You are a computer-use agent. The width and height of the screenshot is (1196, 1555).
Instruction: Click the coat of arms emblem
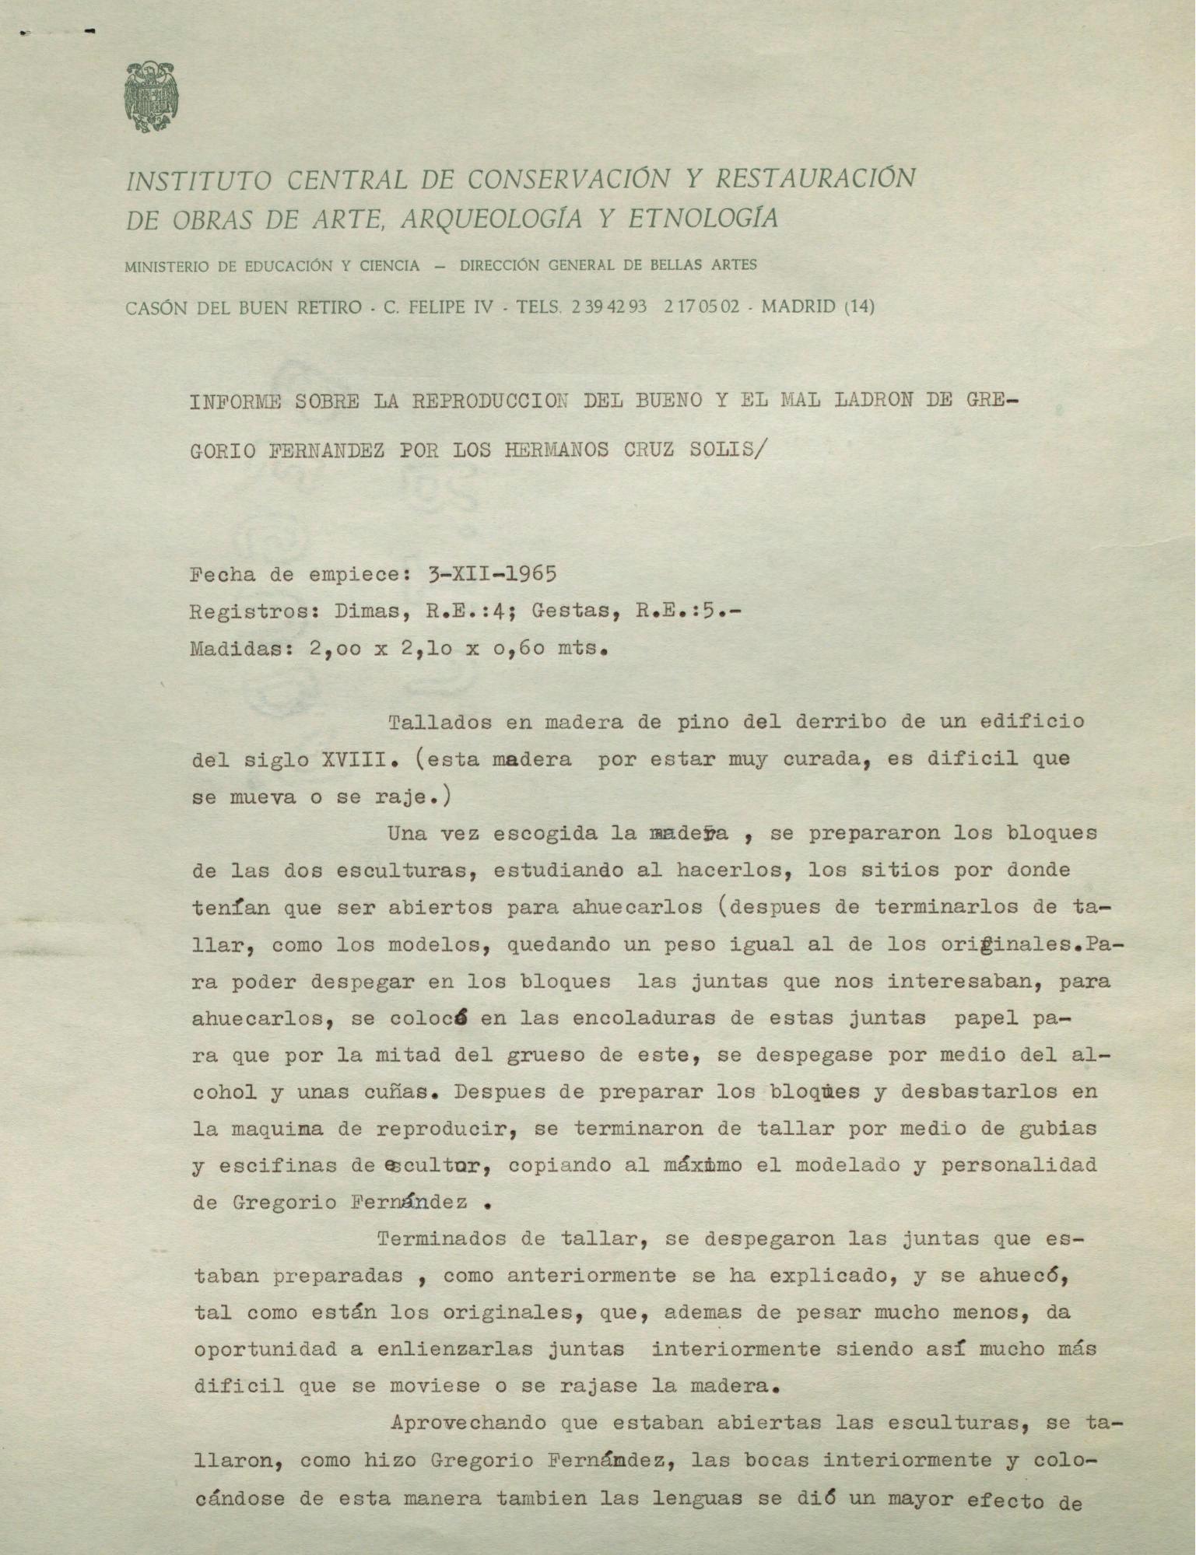point(150,97)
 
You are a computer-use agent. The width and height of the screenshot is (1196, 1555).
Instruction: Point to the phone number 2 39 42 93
point(609,306)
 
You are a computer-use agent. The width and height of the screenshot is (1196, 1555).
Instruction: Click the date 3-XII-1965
point(492,575)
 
